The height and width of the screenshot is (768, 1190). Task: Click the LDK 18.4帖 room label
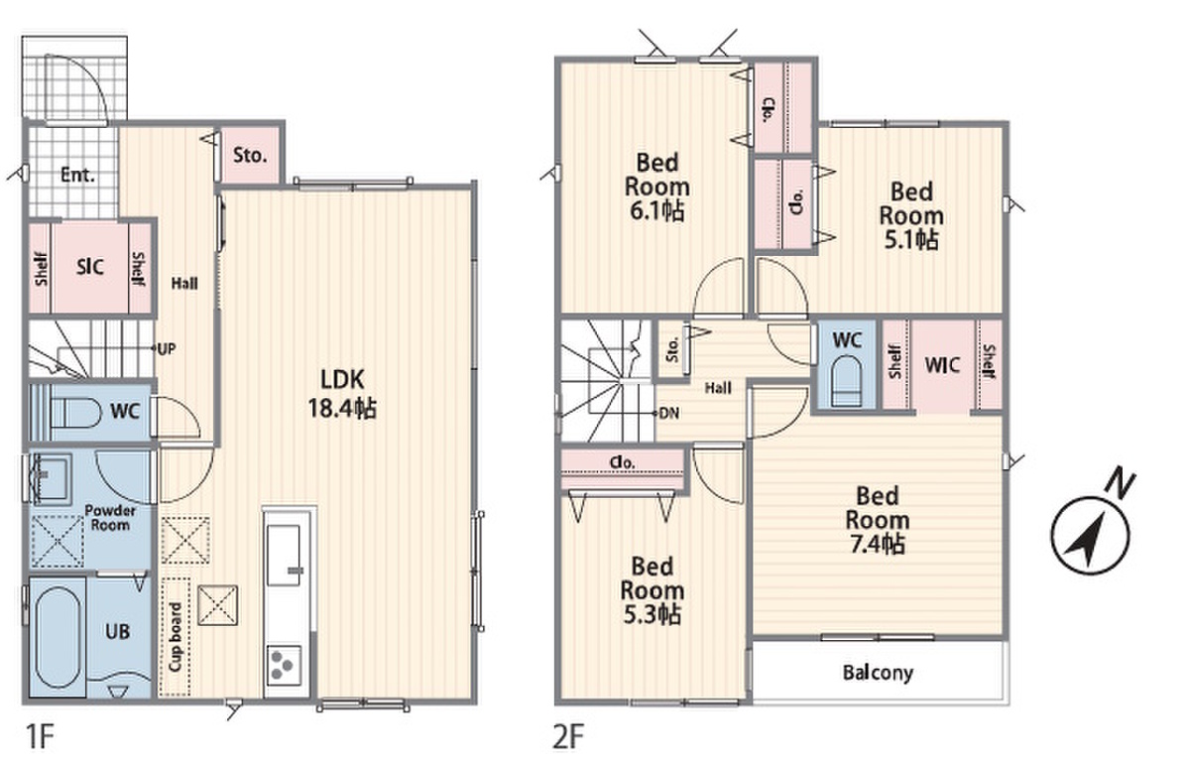click(x=344, y=393)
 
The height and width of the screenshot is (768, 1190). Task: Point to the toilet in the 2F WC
click(x=845, y=382)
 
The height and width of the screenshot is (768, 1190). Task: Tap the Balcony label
click(x=878, y=673)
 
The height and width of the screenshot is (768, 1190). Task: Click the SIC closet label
click(x=90, y=267)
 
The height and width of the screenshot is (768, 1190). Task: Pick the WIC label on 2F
click(x=942, y=364)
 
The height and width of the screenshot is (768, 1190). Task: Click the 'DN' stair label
click(x=669, y=412)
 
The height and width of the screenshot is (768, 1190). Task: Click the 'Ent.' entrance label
click(x=77, y=176)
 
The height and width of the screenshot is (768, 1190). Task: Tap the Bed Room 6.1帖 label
click(x=656, y=186)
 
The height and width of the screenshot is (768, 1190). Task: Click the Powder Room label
click(x=110, y=518)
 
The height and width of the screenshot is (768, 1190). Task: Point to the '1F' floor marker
click(x=39, y=738)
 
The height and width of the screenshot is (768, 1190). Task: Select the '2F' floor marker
click(x=569, y=738)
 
